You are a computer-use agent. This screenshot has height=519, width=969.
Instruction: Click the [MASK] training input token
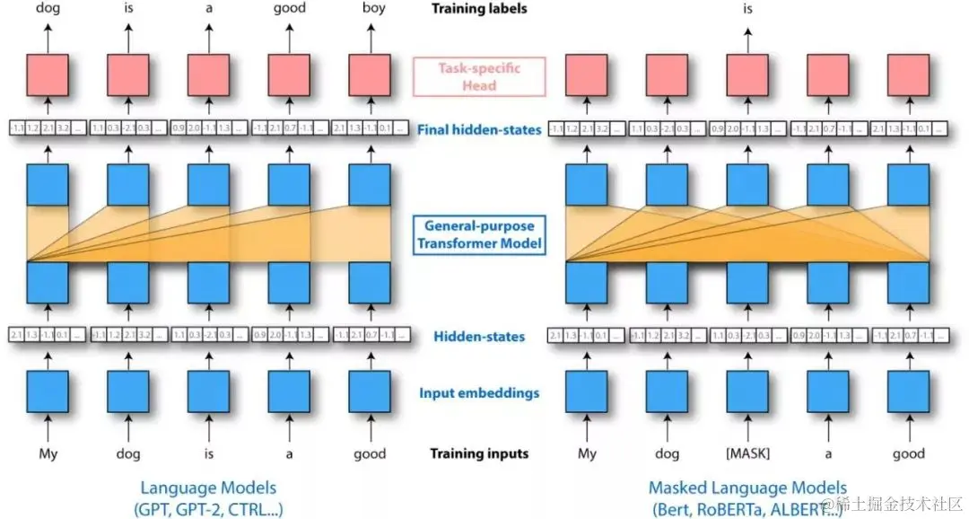pos(749,453)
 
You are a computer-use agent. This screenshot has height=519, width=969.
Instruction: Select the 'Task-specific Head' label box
pos(478,77)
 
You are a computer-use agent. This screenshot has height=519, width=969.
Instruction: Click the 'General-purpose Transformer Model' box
pos(479,234)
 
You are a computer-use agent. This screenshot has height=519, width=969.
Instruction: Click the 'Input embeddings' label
pos(478,393)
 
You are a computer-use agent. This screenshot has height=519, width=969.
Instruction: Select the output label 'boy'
pos(370,8)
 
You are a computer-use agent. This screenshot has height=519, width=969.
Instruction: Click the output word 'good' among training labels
pos(289,8)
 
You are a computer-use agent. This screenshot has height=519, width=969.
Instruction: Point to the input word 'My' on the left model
pos(48,453)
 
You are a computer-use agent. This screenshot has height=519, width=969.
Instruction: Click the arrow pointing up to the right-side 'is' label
pos(749,36)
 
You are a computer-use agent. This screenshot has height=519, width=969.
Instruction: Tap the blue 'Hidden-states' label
pos(479,337)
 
